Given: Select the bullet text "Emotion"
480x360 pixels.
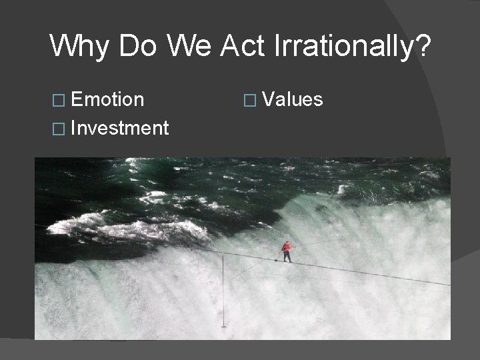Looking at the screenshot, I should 107,100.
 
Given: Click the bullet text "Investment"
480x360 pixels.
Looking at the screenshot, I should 119,127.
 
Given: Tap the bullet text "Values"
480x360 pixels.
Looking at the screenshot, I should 293,100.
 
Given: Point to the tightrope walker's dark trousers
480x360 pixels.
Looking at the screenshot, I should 287,256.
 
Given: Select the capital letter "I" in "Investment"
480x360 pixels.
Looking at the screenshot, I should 73,127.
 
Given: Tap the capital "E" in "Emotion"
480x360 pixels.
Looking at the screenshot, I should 76,100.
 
